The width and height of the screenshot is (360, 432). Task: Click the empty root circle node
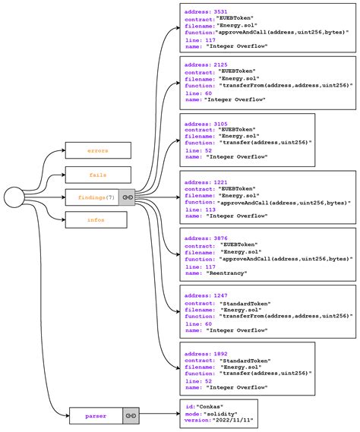15,198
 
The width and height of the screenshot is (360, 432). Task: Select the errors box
97,150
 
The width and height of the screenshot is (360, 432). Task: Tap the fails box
97,175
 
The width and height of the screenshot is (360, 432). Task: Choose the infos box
96,220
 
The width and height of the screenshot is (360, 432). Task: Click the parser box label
96,415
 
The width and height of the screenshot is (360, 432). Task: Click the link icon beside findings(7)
128,197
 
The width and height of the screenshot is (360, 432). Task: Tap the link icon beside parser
131,415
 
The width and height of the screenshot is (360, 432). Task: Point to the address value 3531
221,11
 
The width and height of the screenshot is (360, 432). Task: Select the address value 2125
221,65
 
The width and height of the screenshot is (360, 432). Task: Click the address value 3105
221,123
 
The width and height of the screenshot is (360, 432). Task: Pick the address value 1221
221,182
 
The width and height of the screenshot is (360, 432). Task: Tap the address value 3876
221,238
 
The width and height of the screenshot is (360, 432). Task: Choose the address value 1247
221,295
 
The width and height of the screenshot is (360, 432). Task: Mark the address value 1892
221,353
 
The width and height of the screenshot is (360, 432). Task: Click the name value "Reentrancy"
226,273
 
